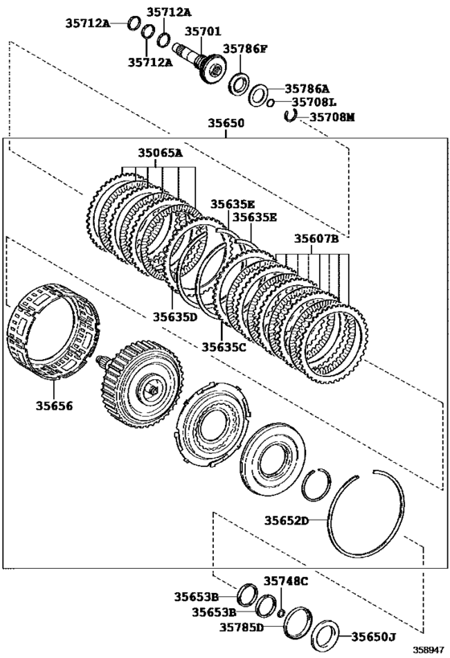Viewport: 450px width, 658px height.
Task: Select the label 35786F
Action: tap(244, 49)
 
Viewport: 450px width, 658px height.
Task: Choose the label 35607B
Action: tap(316, 239)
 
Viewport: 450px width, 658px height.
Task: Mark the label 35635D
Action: tap(170, 317)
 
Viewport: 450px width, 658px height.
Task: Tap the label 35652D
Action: tap(286, 521)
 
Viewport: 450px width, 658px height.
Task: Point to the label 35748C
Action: tap(286, 581)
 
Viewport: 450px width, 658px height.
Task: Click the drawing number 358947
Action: tap(427, 648)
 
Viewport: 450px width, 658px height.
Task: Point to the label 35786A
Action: tap(307, 90)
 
